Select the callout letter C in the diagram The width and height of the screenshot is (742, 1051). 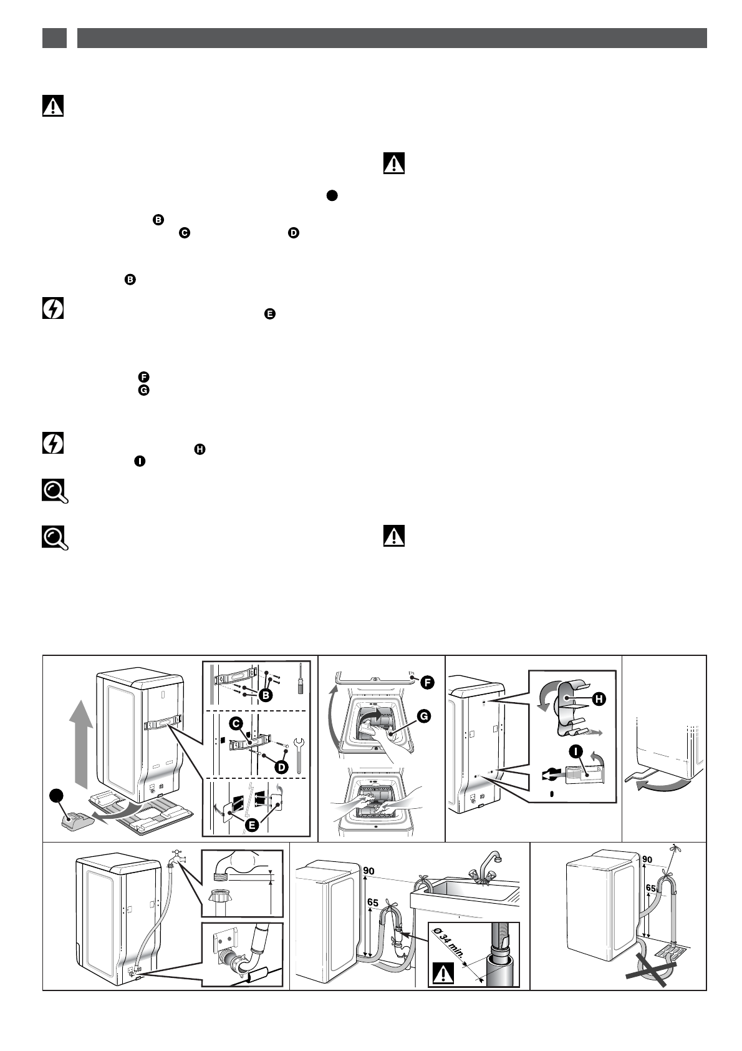236,723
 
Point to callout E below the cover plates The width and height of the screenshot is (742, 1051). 252,824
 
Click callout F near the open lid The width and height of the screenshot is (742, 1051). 428,682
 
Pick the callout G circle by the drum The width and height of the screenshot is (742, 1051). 423,716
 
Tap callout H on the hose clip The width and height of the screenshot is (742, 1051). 598,699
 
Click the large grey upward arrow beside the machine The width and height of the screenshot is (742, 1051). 80,743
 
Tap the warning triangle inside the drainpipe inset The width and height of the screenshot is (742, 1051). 442,974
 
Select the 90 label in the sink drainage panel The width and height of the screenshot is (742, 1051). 369,871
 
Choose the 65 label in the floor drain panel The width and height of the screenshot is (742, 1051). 650,887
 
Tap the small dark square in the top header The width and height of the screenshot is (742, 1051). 54,38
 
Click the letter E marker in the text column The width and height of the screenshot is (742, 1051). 270,314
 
